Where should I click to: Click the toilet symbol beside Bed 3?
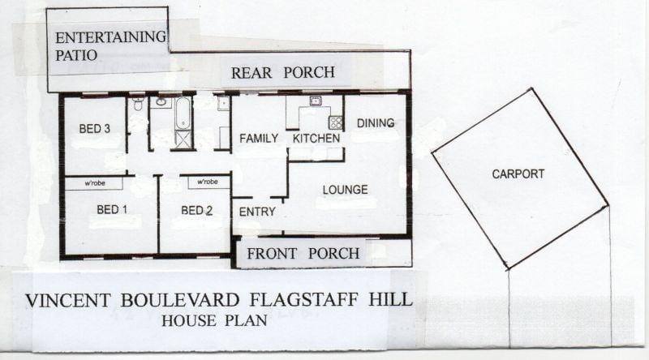pyautogui.click(x=138, y=104)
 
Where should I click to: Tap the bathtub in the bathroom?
pyautogui.click(x=183, y=113)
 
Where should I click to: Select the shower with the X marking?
pyautogui.click(x=183, y=139)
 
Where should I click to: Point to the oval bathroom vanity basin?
pyautogui.click(x=161, y=102)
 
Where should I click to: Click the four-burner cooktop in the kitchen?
pyautogui.click(x=336, y=122)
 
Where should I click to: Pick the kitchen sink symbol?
pyautogui.click(x=316, y=101)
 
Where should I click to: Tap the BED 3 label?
pyautogui.click(x=94, y=129)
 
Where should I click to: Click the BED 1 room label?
pyautogui.click(x=112, y=210)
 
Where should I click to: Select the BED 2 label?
pyautogui.click(x=196, y=211)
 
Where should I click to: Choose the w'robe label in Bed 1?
pyautogui.click(x=95, y=183)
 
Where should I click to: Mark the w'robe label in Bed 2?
pyautogui.click(x=208, y=182)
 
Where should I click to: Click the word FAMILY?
pyautogui.click(x=259, y=138)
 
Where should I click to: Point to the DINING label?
pyautogui.click(x=376, y=123)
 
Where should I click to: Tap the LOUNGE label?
pyautogui.click(x=346, y=190)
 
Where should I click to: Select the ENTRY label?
pyautogui.click(x=257, y=212)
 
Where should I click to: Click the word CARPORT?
pyautogui.click(x=518, y=174)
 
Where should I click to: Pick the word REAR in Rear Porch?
pyautogui.click(x=251, y=73)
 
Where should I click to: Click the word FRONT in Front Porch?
pyautogui.click(x=272, y=254)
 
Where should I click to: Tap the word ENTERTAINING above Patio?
pyautogui.click(x=110, y=37)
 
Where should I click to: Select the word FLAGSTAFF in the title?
pyautogui.click(x=303, y=300)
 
